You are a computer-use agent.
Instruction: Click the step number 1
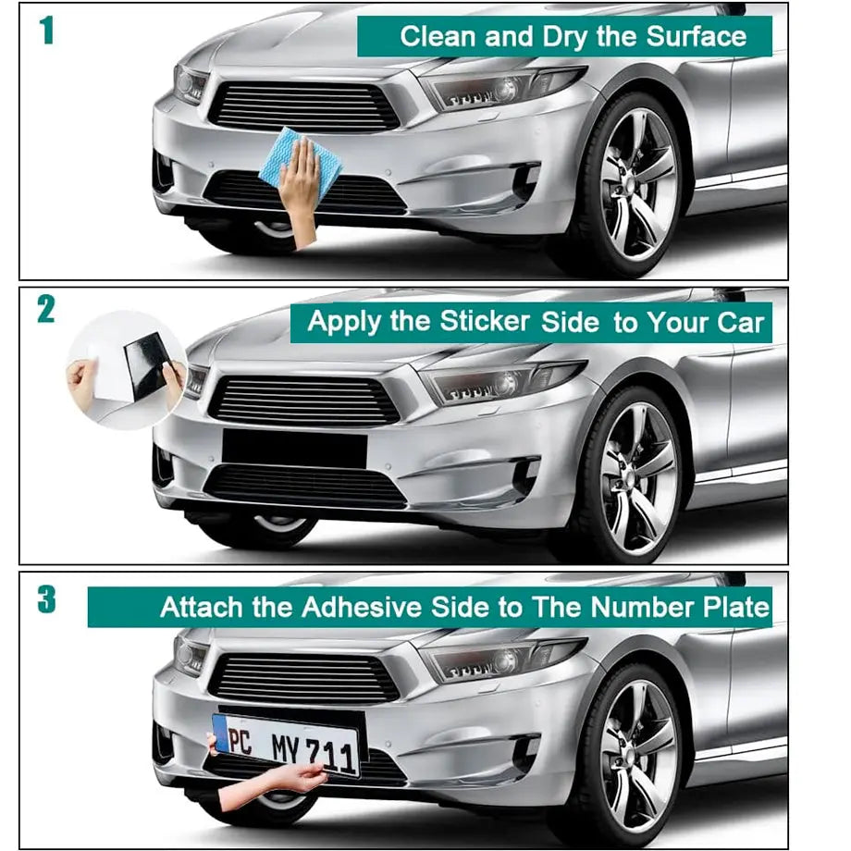[x=47, y=31]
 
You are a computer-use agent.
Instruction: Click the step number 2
[x=46, y=310]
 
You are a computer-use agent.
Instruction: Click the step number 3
[x=46, y=599]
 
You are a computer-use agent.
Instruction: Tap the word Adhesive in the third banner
[x=364, y=608]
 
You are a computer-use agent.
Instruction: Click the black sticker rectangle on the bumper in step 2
[x=294, y=449]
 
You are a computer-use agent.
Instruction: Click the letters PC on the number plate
[x=240, y=741]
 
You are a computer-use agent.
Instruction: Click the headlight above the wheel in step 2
[x=499, y=381]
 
